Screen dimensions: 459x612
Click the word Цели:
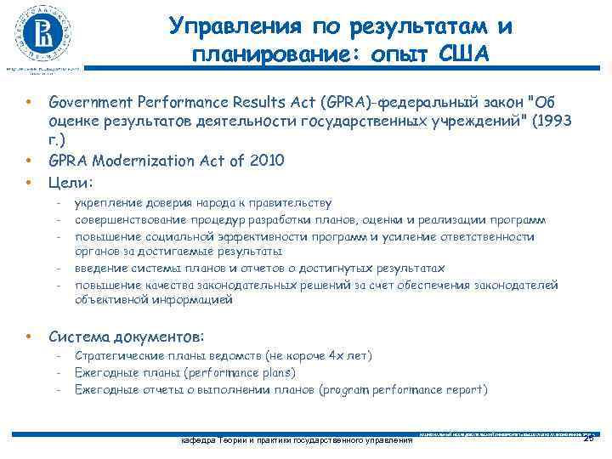click(71, 182)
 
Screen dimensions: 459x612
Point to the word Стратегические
click(116, 355)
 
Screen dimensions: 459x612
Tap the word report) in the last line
click(466, 390)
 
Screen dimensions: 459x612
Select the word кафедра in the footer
click(196, 440)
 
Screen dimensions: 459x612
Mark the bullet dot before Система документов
click(29, 336)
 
